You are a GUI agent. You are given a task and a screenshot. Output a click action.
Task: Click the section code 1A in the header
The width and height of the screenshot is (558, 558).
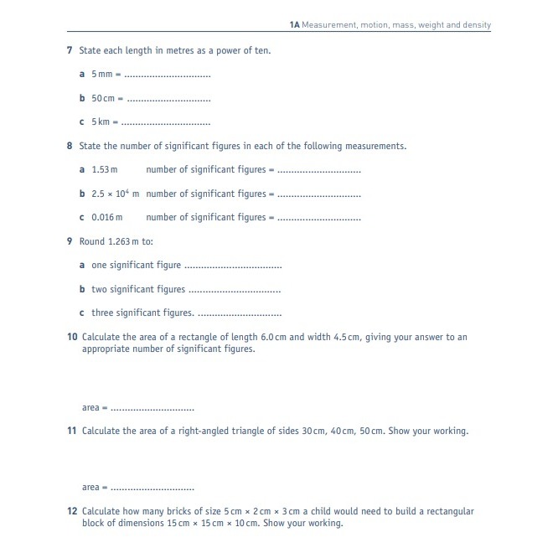(x=294, y=25)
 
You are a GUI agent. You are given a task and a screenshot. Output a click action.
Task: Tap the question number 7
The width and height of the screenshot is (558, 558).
(x=70, y=50)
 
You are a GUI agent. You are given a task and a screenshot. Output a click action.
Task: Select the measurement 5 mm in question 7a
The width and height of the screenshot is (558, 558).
(x=102, y=75)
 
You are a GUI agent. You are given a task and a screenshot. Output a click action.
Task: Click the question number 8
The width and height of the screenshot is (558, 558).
(x=70, y=146)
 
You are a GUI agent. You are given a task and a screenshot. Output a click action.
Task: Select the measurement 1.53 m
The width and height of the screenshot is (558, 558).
(x=105, y=169)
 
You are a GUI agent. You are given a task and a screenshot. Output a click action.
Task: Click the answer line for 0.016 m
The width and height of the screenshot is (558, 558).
(x=319, y=219)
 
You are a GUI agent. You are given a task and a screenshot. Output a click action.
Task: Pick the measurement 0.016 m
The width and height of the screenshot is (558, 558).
(x=107, y=218)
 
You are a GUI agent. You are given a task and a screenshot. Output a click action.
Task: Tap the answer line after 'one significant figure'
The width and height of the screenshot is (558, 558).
(x=233, y=266)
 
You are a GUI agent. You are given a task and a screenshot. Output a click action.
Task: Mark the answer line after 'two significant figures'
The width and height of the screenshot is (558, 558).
(x=235, y=291)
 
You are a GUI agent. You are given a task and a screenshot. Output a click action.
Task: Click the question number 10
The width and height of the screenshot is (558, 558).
(x=72, y=337)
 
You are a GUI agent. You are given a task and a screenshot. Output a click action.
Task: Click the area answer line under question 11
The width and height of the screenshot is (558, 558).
(x=152, y=488)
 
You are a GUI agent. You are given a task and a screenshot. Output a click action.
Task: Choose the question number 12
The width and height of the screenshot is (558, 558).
(x=72, y=511)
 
